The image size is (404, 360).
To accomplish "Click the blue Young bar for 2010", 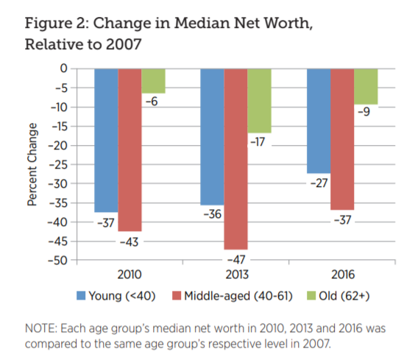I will pos(106,140).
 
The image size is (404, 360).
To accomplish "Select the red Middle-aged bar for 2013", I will pos(235,158).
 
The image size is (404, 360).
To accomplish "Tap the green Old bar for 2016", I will pos(366,86).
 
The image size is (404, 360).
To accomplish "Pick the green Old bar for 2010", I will pos(153,80).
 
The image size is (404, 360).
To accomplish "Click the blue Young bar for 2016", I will pos(318,121).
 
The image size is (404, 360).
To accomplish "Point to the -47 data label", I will pos(235,260).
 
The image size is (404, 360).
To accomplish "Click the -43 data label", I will pos(130,241).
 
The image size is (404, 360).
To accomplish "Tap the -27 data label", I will pos(319,183).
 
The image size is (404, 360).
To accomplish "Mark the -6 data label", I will pos(153,102).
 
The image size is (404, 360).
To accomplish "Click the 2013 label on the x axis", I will pos(235,275).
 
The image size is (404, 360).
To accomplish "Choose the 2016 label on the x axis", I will pos(342,275).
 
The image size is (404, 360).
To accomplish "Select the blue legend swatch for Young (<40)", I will pos(82,296).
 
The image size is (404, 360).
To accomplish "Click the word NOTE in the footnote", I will pos(41,326).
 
